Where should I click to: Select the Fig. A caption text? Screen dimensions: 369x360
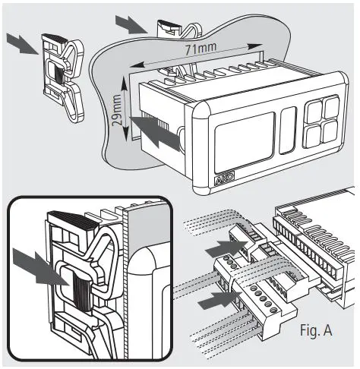tap(311, 331)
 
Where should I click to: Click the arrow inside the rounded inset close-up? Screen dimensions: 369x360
tap(38, 271)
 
